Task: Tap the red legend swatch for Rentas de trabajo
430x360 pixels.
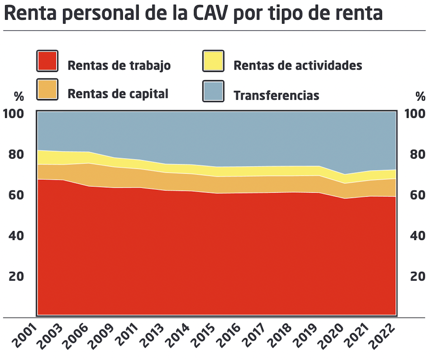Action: (47, 61)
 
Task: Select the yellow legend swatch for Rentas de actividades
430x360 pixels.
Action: (213, 61)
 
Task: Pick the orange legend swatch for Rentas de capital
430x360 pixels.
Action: (47, 90)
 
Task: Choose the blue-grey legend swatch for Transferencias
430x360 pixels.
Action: (213, 91)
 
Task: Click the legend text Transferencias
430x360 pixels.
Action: (276, 96)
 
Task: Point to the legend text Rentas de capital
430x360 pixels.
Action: (118, 94)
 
